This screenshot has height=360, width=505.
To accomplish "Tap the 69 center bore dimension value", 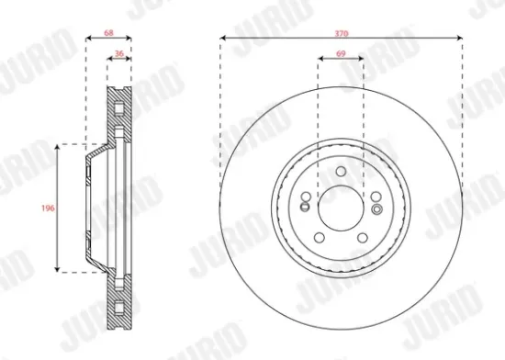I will (341, 56).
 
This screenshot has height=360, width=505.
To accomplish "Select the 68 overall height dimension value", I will (108, 32).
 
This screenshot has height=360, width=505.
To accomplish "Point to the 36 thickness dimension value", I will (119, 56).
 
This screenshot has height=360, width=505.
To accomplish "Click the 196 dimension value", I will (50, 208).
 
